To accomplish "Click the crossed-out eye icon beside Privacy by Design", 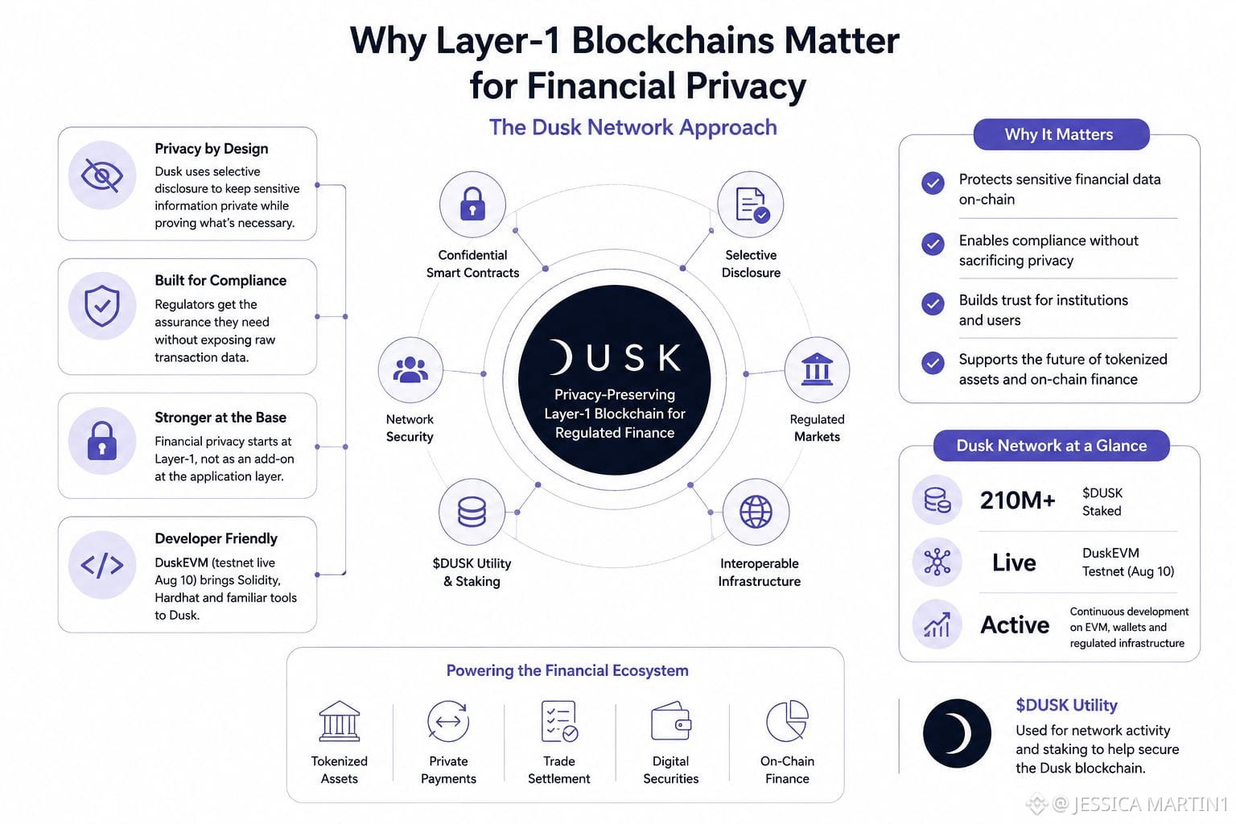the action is (102, 175).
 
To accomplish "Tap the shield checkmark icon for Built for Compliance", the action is (102, 306).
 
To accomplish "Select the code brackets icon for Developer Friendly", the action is (102, 565).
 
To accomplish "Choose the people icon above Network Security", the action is (410, 370).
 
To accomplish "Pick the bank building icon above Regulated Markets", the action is (817, 369).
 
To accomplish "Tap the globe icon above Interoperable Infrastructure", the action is (756, 512).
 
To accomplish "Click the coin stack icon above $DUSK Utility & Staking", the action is (472, 512).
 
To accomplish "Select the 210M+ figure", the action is (1017, 501).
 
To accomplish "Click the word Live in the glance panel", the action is (1014, 562).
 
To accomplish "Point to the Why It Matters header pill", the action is (1061, 134).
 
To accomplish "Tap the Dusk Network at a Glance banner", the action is (1051, 445).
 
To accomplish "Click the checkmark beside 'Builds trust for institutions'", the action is (933, 303).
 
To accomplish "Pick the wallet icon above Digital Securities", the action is (671, 721).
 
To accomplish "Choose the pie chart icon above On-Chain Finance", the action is (787, 721).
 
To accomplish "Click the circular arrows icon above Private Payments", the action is (448, 721).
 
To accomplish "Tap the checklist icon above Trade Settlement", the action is (559, 721).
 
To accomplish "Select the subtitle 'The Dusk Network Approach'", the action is (633, 127).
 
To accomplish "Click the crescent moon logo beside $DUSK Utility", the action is (957, 734).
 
